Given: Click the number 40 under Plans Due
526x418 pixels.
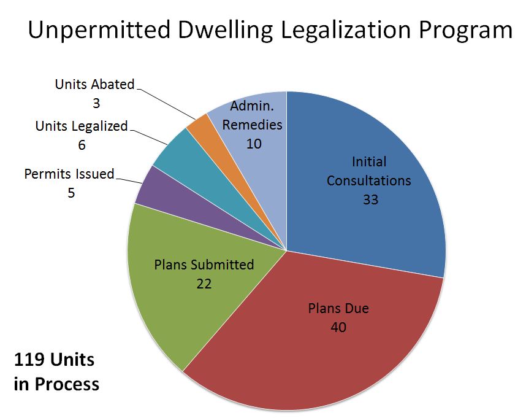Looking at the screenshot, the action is point(338,327).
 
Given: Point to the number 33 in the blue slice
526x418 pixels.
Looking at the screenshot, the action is point(370,199).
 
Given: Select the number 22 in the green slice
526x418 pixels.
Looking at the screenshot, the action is point(204,284).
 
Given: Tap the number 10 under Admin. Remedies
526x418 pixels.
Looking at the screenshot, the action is point(254,144).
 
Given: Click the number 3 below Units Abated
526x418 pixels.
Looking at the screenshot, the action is point(96,103).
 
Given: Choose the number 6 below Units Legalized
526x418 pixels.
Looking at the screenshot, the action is point(82,145).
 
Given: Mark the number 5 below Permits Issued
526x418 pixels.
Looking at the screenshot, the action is point(71,193).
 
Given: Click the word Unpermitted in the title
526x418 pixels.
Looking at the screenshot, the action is point(99,30).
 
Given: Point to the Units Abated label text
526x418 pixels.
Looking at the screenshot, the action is point(94,84).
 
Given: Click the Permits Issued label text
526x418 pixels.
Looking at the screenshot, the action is point(69,174).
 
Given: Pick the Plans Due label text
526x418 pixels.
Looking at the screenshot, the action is point(338,308).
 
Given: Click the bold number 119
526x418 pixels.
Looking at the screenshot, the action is point(29,360).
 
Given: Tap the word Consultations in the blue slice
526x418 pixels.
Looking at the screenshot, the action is point(368,180).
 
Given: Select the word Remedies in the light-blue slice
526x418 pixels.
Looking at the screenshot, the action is point(252,125).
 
